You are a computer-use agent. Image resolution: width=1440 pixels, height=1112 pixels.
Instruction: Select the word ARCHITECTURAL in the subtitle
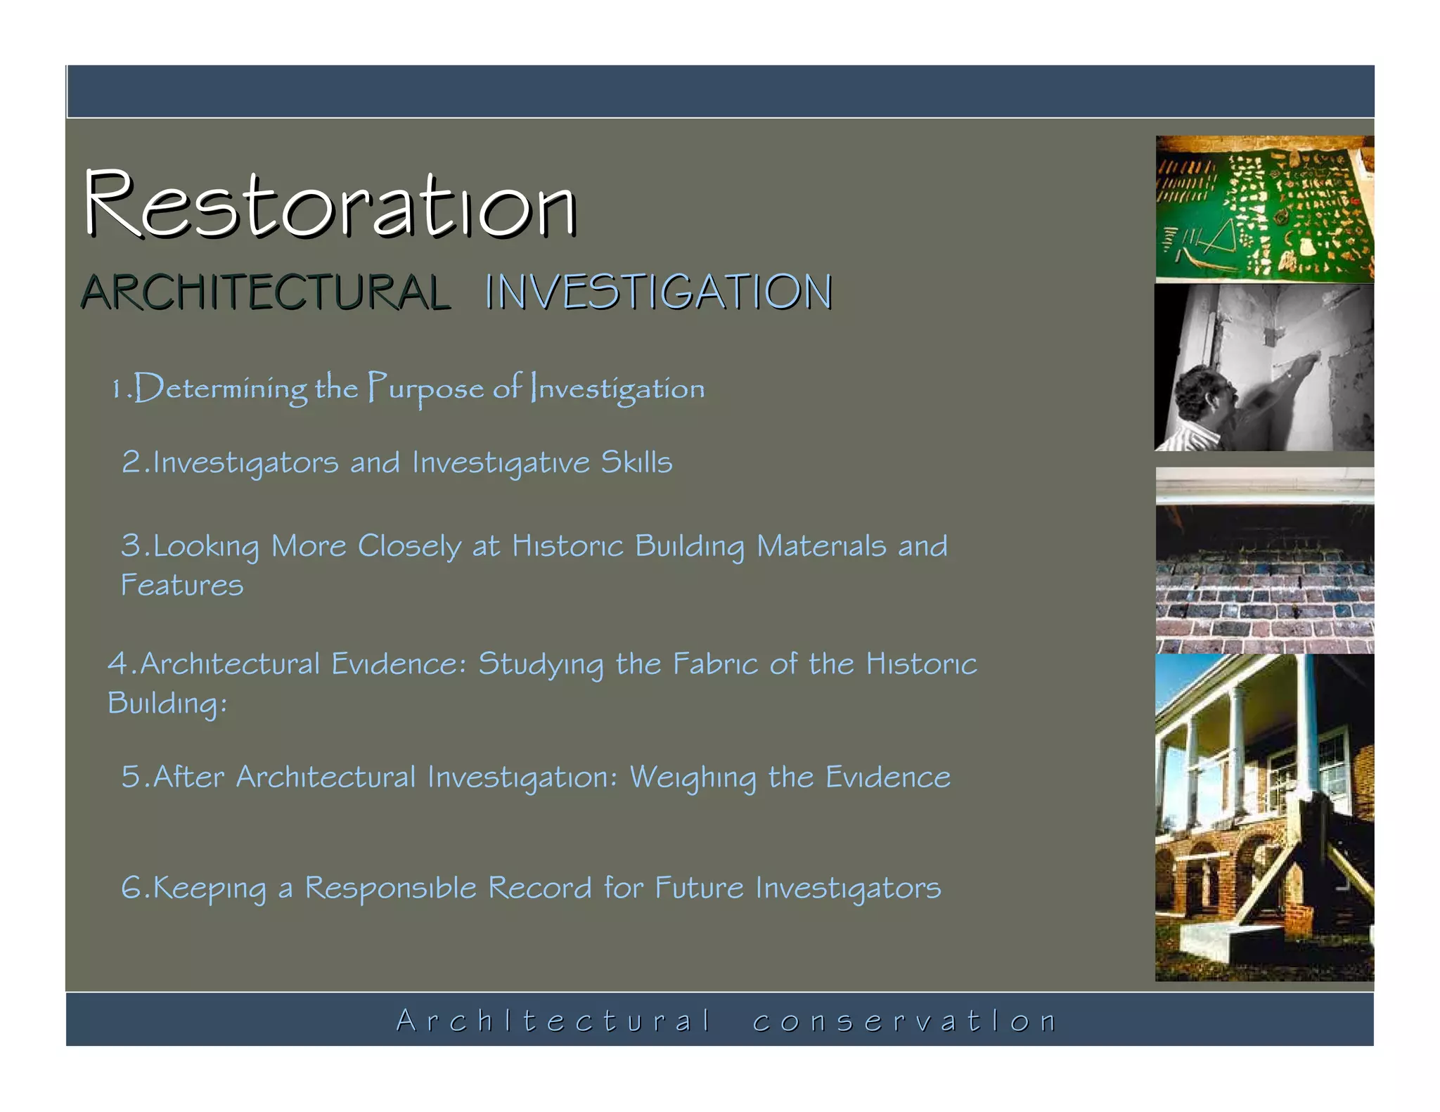click(265, 292)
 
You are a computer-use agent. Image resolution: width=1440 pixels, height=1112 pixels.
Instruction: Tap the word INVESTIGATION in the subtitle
click(658, 292)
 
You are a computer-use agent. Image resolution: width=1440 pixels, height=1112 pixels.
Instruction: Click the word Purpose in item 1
click(426, 389)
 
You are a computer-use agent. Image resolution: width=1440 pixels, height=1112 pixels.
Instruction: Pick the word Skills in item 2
click(636, 463)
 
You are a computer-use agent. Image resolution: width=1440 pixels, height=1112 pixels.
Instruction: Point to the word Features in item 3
click(182, 586)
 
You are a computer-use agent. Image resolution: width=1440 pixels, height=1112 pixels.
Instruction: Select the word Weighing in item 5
click(692, 778)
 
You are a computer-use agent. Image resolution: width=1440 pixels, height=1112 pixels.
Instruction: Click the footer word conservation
click(904, 1021)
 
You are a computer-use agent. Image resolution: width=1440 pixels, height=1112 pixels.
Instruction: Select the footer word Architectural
click(553, 1021)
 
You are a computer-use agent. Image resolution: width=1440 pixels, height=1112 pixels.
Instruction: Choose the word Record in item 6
click(539, 888)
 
